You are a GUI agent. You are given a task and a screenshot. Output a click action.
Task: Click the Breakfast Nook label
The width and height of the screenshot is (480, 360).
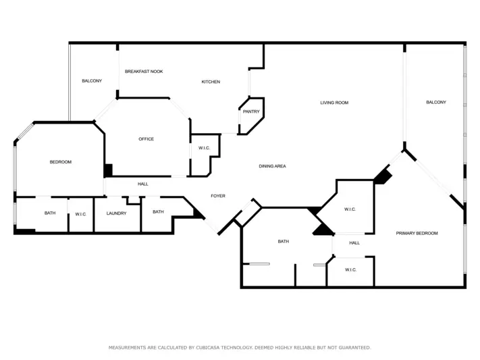[x=144, y=72]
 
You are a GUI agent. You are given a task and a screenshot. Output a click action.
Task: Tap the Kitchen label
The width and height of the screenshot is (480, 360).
[x=211, y=82]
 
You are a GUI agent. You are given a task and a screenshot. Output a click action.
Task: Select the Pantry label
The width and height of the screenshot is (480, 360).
[x=251, y=111]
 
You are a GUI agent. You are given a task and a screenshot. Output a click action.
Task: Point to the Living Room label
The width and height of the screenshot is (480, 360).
[x=334, y=103]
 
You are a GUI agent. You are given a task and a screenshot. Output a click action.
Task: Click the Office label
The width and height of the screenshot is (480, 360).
[x=146, y=139]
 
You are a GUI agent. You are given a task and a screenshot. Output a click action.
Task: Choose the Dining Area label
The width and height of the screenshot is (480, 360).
[x=273, y=166]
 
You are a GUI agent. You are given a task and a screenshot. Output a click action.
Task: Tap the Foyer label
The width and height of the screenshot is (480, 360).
[x=218, y=196]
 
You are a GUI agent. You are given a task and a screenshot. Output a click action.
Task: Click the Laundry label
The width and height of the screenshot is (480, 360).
[x=116, y=213]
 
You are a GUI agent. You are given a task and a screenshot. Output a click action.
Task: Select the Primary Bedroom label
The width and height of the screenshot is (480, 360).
[x=417, y=233]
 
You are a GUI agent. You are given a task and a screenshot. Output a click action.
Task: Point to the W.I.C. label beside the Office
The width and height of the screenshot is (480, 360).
[x=204, y=148]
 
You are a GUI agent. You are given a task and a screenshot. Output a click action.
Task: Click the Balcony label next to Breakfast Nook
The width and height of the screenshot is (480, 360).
[x=92, y=81]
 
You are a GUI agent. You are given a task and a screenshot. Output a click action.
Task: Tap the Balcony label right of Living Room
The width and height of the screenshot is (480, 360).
[x=436, y=103]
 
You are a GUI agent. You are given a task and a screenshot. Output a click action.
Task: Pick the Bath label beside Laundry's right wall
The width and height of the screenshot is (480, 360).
[x=158, y=211]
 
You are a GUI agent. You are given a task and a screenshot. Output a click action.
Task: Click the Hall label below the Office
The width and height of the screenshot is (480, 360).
[x=143, y=184]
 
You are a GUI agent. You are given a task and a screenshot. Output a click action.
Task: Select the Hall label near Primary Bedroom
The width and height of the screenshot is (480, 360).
[x=354, y=243]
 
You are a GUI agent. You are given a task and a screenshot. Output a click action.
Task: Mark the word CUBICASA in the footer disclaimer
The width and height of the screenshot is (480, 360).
[x=207, y=347]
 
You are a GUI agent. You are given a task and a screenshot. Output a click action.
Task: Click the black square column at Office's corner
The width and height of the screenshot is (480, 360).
[x=108, y=170]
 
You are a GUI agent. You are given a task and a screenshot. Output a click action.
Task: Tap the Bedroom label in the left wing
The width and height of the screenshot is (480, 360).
[x=61, y=162]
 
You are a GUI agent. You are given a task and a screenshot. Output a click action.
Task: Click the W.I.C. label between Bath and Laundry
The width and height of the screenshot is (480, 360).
[x=80, y=214]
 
